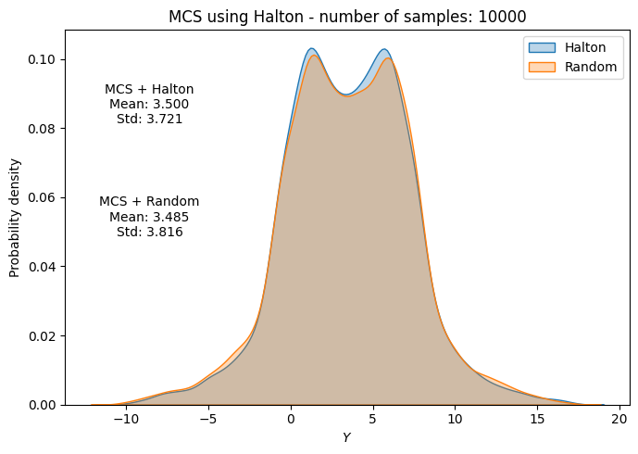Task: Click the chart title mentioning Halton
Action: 346,17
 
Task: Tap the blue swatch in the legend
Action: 542,47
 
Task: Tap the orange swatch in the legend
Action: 542,67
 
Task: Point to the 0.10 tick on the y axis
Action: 43,59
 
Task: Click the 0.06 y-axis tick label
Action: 43,197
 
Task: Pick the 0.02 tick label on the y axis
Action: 43,335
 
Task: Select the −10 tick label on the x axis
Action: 126,419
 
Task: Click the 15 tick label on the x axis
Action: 537,419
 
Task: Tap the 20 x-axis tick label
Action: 619,419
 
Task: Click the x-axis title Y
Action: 346,437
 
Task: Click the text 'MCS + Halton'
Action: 149,89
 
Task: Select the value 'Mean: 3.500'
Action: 149,104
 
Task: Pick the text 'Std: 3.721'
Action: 149,119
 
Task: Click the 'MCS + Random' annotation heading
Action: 149,201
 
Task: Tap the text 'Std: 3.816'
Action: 149,232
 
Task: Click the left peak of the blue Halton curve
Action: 312,49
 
